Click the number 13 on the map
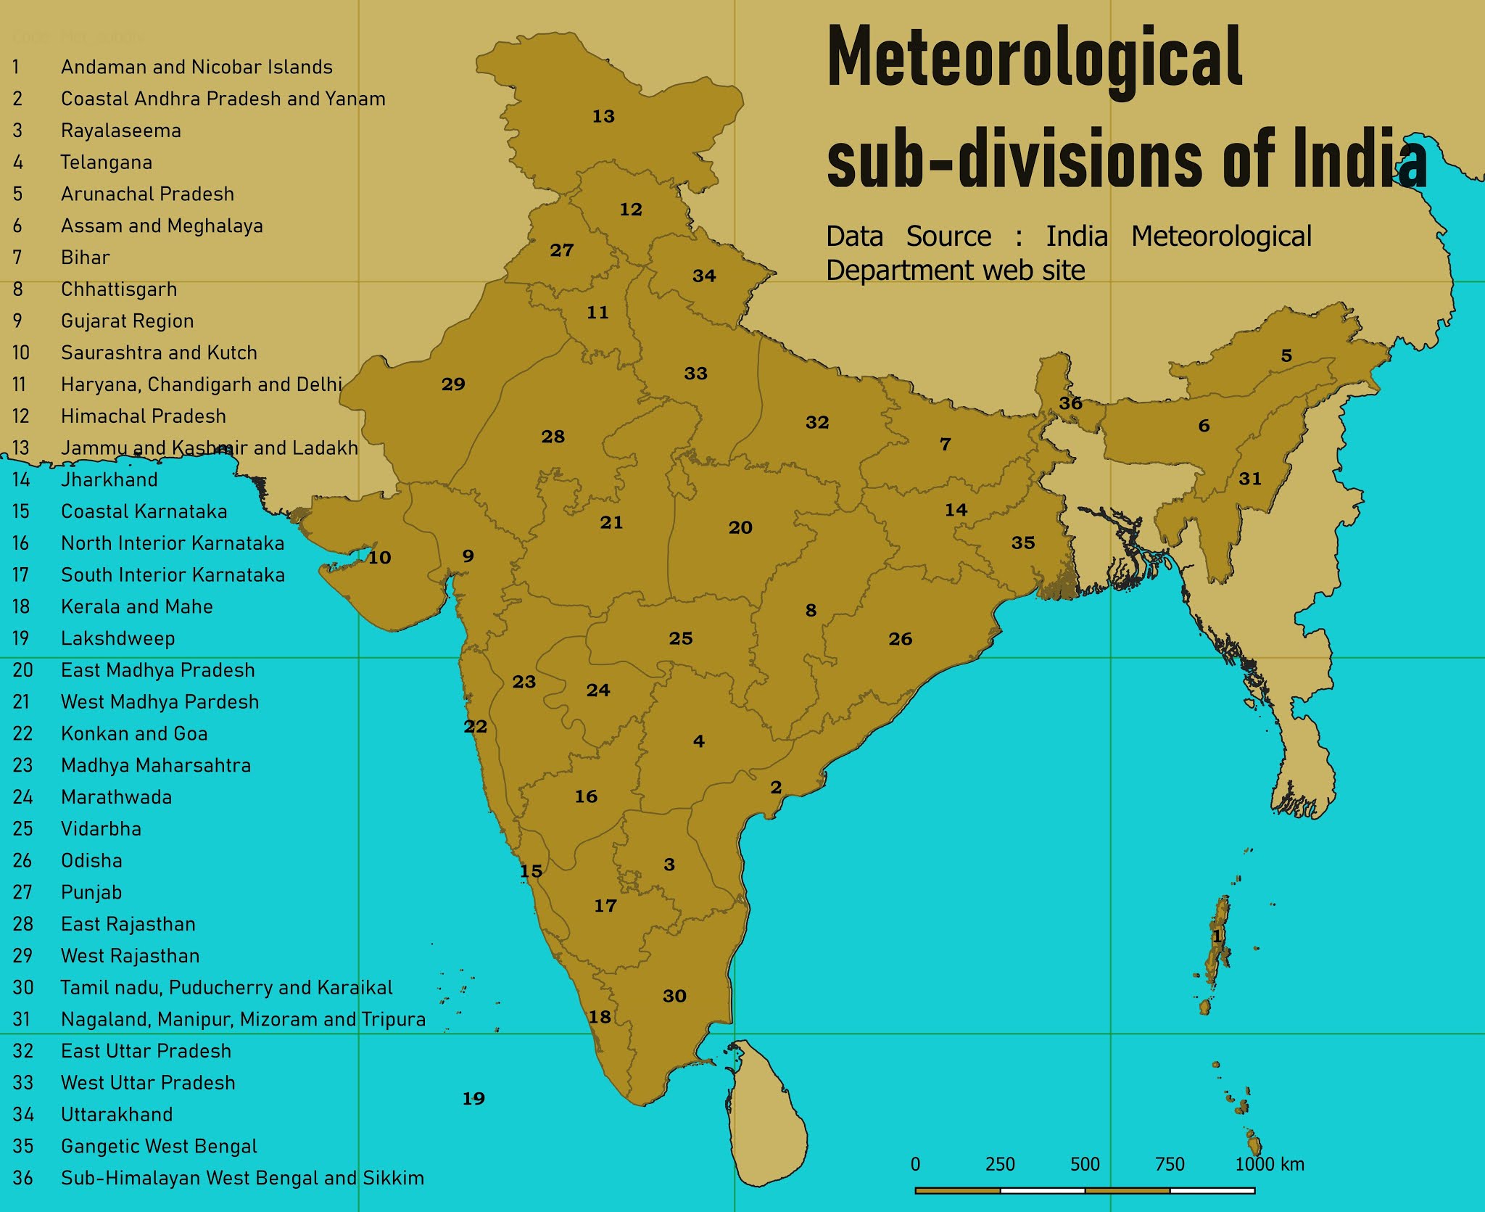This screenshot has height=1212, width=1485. click(x=603, y=117)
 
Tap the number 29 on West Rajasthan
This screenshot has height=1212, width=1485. click(x=453, y=384)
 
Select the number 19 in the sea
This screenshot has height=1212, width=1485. click(x=473, y=1099)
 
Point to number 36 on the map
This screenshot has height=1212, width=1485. click(x=1070, y=403)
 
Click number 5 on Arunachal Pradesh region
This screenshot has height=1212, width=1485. click(x=1286, y=355)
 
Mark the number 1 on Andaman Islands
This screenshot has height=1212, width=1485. click(x=1217, y=937)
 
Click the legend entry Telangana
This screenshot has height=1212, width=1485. click(x=106, y=162)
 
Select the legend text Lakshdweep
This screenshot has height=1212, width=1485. click(x=117, y=638)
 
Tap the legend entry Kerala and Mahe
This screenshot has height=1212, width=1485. click(x=136, y=606)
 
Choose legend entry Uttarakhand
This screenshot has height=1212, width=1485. click(x=117, y=1114)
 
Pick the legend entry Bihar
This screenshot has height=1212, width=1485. click(x=85, y=257)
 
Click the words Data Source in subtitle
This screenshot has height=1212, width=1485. click(x=908, y=236)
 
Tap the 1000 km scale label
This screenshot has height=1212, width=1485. click(x=1269, y=1164)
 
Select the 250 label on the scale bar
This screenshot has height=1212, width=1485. click(x=999, y=1164)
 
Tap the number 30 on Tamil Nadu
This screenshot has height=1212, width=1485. click(x=674, y=996)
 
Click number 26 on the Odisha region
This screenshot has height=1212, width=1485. click(x=900, y=639)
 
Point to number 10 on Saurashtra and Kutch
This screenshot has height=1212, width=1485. click(x=379, y=558)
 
